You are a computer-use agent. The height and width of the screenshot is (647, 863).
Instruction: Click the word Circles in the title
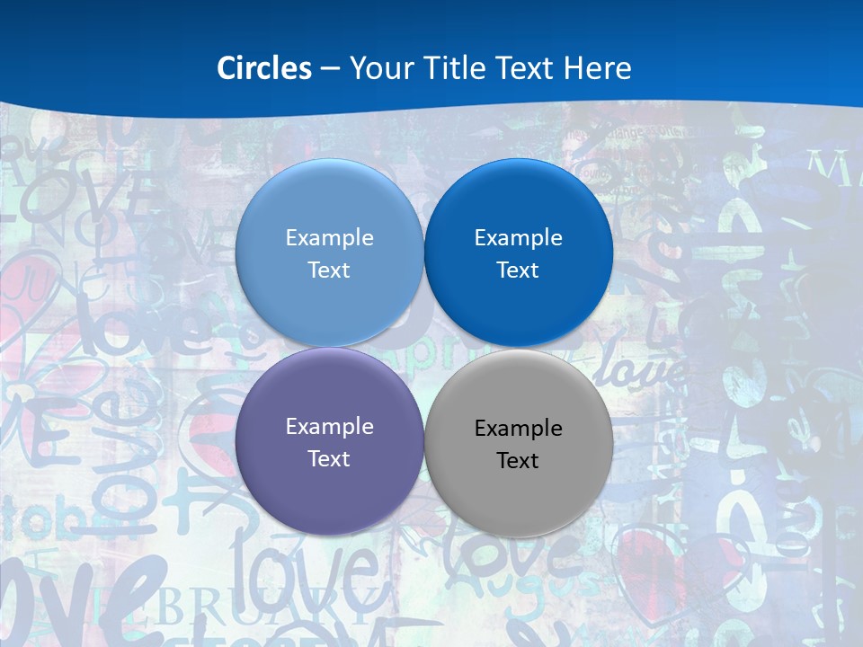click(264, 68)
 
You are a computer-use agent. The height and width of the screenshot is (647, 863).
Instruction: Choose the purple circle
click(329, 485)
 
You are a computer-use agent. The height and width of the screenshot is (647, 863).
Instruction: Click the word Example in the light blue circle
click(329, 238)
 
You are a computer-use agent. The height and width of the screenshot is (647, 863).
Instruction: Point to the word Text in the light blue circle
click(329, 270)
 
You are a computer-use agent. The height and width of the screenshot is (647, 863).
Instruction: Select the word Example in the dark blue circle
click(519, 238)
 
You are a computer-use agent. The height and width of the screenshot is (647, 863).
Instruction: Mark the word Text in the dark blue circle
click(519, 270)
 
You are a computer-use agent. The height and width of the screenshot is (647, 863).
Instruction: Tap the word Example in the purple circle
click(329, 427)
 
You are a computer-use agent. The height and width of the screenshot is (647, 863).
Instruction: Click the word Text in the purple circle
click(329, 459)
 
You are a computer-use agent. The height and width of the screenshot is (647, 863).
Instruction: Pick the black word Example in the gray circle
click(519, 429)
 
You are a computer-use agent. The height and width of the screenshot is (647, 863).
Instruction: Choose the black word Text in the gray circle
click(519, 461)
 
